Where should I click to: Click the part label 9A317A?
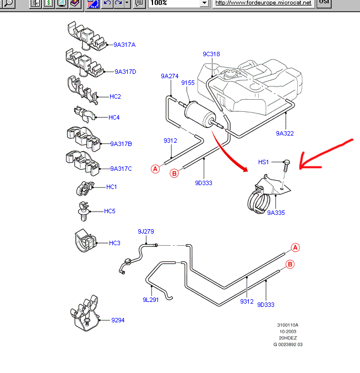[x=124, y=45]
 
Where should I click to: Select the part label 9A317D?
[x=126, y=72]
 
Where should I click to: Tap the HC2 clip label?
[x=115, y=96]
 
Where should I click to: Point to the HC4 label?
[x=114, y=117]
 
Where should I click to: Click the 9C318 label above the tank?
[x=211, y=54]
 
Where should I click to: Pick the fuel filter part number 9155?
[x=188, y=83]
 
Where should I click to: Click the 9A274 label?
[x=170, y=76]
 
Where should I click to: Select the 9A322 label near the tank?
[x=285, y=133]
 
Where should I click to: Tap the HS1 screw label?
[x=264, y=162]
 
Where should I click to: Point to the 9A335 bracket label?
[x=276, y=212]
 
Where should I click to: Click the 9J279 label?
[x=145, y=231]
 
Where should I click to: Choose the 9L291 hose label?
[x=151, y=300]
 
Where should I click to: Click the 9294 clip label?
[x=118, y=320]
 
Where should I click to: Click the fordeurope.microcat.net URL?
[x=263, y=3]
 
